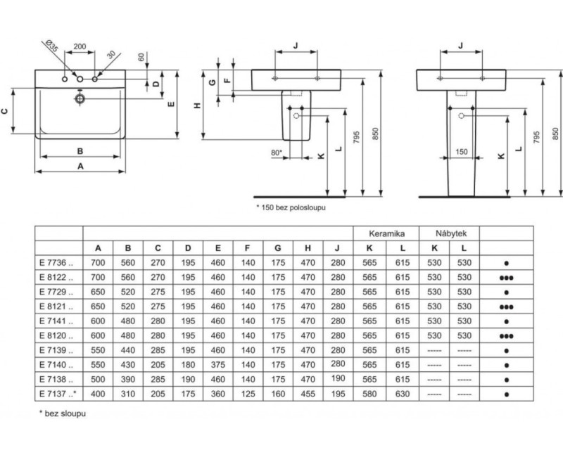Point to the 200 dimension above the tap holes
click(80, 46)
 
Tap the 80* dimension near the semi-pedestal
click(276, 151)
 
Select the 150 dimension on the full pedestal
click(462, 151)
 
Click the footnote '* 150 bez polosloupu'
click(291, 207)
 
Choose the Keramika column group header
click(385, 232)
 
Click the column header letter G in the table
click(278, 247)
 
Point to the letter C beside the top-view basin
click(13, 110)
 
